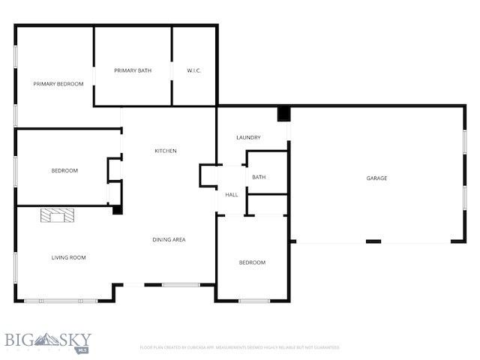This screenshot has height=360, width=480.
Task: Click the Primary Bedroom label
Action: pos(58,84)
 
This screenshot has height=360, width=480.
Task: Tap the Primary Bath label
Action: pos(133,70)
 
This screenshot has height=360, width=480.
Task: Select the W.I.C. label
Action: pos(194,70)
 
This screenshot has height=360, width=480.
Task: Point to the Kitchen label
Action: pos(166,151)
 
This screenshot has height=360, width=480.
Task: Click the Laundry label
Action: pos(248,137)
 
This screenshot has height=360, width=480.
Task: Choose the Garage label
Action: pos(376,178)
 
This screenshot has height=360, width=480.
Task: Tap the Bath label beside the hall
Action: pos(259,177)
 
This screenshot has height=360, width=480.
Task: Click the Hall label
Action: pos(232,195)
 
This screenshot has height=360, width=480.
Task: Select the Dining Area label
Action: pos(169,240)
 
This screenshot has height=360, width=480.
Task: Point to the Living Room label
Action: pos(68,258)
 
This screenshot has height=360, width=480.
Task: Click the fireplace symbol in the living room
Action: pos(58,216)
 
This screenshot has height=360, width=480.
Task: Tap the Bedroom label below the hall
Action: pos(252,262)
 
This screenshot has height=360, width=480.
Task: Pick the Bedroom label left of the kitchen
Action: pos(64,171)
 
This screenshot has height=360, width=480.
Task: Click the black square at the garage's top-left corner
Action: pos(283,114)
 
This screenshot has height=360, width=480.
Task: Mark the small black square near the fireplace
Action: pos(117,210)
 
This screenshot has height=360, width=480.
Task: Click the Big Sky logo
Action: pos(47,342)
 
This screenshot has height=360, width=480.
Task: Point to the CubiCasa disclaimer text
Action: pos(240,348)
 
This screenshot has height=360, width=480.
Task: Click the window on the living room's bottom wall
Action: pos(60,301)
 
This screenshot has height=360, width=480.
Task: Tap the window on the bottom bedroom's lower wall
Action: pos(254,301)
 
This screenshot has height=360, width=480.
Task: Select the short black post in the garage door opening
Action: pos(373,241)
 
